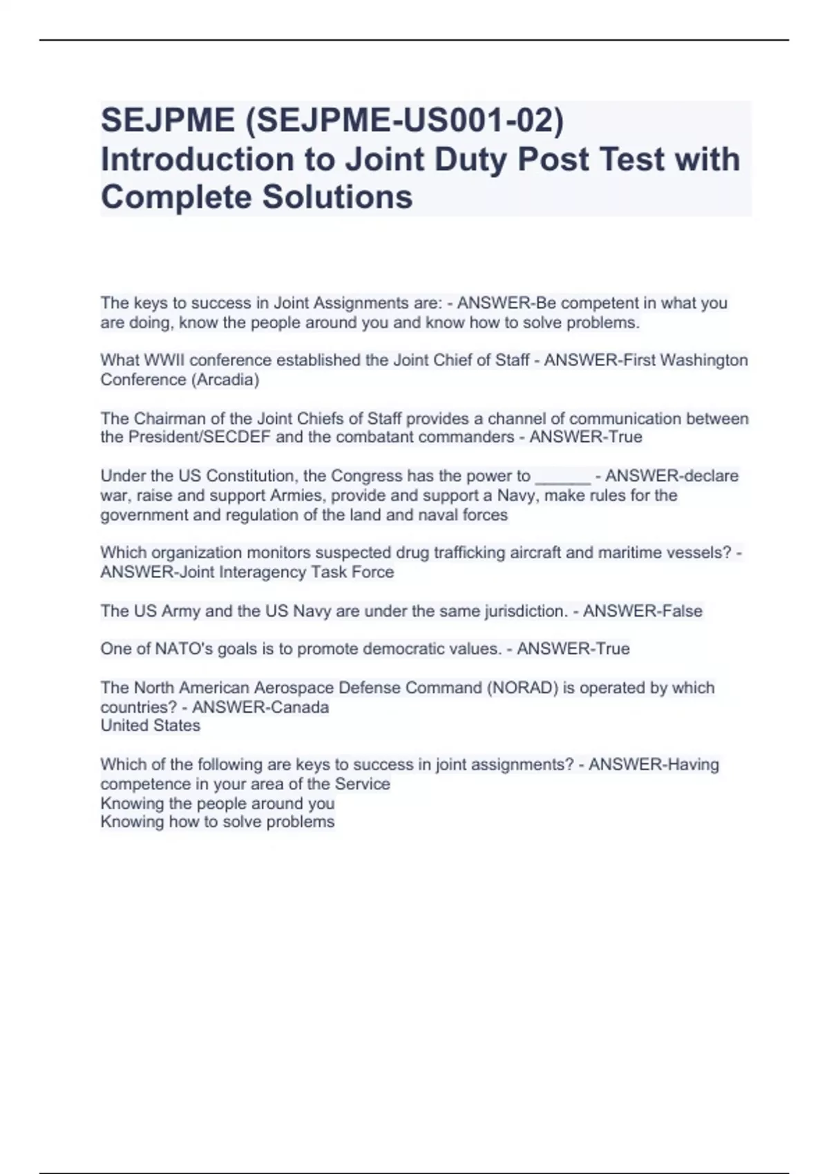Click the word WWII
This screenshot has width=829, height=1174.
[160, 360]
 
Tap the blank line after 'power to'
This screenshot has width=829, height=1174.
[562, 477]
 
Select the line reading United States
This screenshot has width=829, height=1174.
[151, 725]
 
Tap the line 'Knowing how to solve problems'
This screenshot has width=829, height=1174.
[217, 822]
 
